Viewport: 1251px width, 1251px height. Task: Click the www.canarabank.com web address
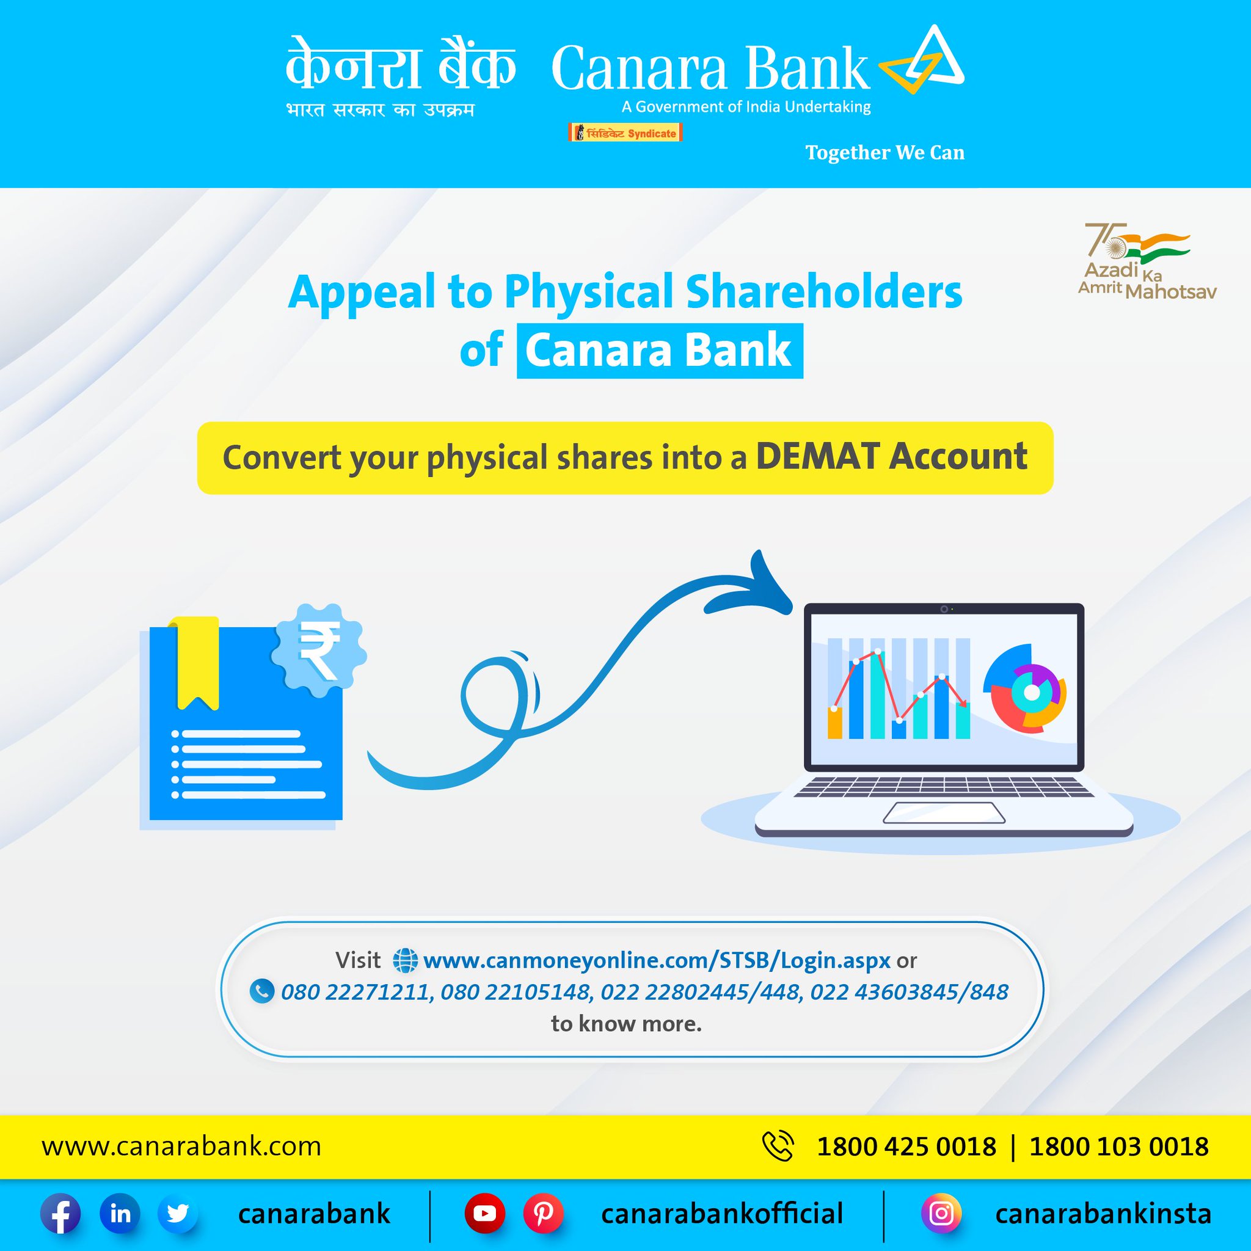coord(181,1147)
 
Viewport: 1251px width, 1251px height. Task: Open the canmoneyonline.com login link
coord(657,960)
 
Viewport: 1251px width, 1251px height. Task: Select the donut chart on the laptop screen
coord(1024,689)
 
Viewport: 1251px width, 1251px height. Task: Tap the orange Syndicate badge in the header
coord(625,133)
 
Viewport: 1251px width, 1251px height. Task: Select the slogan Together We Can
coord(884,153)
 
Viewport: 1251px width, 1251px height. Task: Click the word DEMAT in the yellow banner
coord(817,456)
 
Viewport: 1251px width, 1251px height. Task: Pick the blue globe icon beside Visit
coord(405,960)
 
